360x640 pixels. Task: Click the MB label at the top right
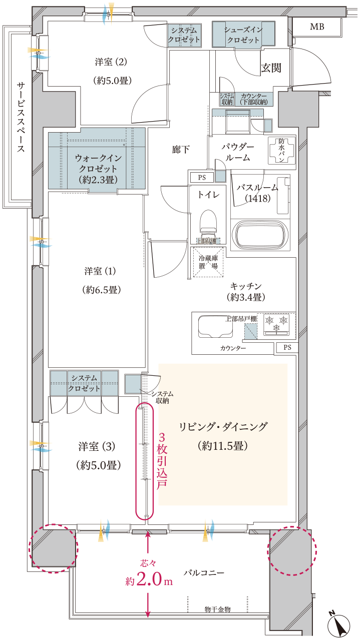[316, 27]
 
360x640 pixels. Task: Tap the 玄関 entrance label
[271, 68]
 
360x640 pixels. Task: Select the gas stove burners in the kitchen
[277, 323]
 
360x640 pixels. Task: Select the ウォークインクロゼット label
[97, 168]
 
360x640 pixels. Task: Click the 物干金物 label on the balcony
[217, 609]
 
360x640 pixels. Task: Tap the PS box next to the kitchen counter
[287, 347]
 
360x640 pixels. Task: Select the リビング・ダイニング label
[223, 427]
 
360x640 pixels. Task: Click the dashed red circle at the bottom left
[53, 548]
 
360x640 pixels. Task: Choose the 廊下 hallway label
[180, 149]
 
